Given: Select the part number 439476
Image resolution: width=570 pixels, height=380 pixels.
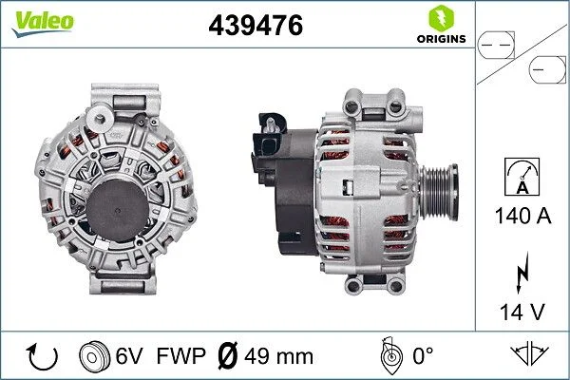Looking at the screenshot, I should [255, 27].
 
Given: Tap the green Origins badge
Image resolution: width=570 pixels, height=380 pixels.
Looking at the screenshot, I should [440, 26].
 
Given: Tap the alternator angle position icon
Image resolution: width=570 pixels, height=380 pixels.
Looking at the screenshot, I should [389, 356].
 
